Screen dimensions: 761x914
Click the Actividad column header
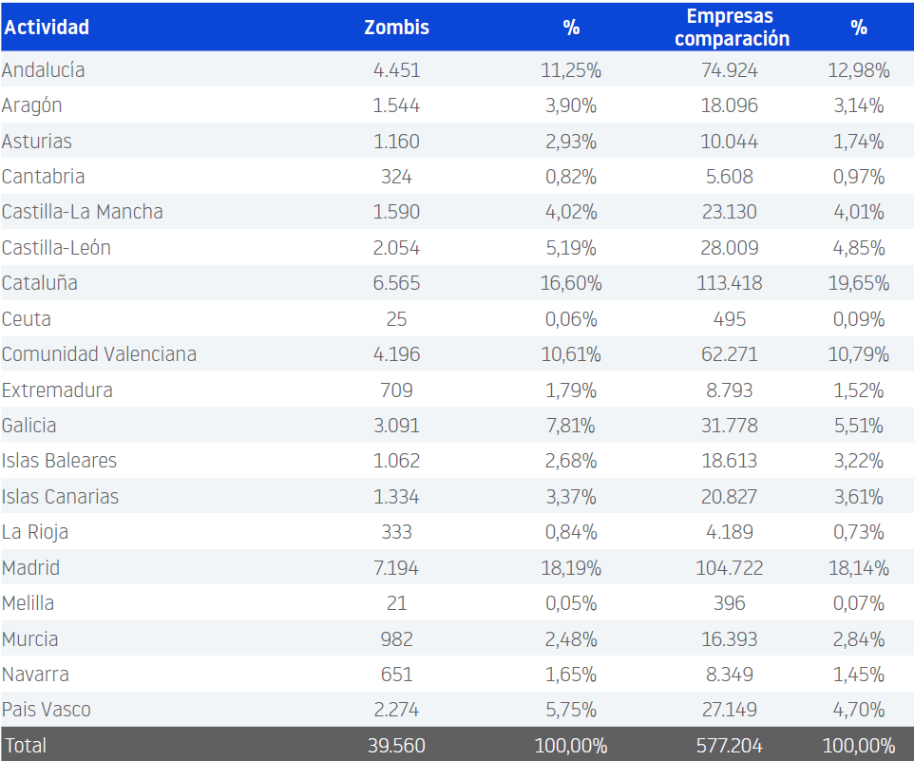[x=47, y=27]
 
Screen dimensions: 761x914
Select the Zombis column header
[x=396, y=27]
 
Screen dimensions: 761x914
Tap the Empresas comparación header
[x=731, y=27]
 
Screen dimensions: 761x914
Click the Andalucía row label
[x=43, y=70]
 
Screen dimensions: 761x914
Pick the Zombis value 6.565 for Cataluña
[x=396, y=283]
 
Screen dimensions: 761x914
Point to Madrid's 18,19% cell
[x=572, y=568]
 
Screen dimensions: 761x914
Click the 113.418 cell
[x=730, y=283]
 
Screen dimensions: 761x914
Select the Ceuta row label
[x=27, y=319]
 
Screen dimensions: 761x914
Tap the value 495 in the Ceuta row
[x=730, y=319]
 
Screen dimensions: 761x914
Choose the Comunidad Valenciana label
[x=99, y=354]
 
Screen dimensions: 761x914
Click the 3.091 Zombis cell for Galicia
[x=396, y=426]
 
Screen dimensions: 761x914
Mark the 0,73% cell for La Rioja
[x=859, y=532]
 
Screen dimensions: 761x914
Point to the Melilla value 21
[x=396, y=603]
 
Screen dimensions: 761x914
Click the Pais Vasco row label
[x=47, y=710]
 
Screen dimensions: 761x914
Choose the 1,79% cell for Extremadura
[x=571, y=390]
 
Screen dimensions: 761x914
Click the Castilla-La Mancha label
[x=82, y=212]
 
